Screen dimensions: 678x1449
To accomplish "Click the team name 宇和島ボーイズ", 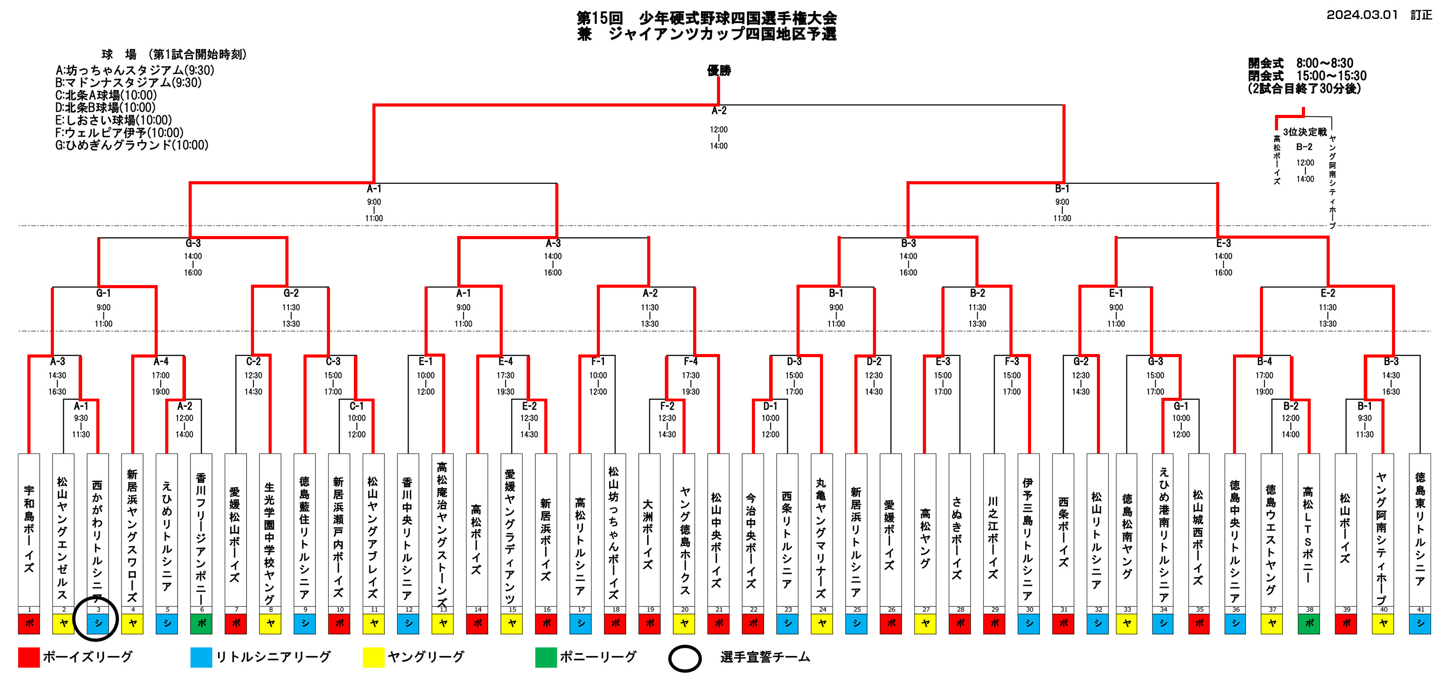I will click(29, 529).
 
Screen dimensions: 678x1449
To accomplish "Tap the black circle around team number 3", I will click(95, 618).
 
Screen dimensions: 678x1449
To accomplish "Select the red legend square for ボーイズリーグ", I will click(29, 657).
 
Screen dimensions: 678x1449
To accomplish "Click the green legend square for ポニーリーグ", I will click(546, 657).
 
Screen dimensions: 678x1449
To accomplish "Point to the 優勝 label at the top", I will click(719, 70).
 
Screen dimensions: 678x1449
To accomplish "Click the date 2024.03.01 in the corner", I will click(1362, 15).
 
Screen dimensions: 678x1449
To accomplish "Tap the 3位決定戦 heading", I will click(1305, 132).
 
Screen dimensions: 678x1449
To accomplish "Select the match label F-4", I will click(691, 361).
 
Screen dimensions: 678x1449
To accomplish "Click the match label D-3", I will click(794, 361).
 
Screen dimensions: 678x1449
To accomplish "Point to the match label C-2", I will click(253, 361).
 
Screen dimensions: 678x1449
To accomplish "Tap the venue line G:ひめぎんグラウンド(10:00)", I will click(132, 145).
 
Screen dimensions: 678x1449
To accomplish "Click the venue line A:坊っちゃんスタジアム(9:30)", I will click(135, 70).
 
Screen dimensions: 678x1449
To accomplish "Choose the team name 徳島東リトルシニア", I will click(1420, 529).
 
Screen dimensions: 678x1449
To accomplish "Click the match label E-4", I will click(506, 361).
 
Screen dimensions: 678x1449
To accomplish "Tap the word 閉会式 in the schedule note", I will click(1266, 76).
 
